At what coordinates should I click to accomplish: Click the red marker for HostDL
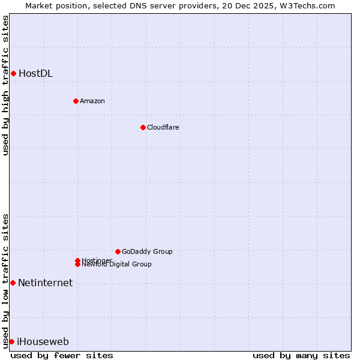coord(13,73)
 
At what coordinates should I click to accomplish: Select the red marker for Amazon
coord(76,101)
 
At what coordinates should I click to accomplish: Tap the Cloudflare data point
coord(143,127)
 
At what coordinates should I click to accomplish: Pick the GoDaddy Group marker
coord(118,251)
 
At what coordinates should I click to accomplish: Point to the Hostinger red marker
coord(77,260)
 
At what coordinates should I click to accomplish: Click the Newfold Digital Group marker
coord(78,265)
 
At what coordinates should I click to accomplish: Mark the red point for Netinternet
coord(13,283)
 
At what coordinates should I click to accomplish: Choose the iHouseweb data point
coord(11,341)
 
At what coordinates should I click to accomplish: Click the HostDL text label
coord(35,74)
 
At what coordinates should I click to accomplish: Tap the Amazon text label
coord(92,101)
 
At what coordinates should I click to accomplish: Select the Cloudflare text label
coord(163,127)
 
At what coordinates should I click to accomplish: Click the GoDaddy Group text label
coord(147,251)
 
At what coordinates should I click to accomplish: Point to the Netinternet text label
coord(45,283)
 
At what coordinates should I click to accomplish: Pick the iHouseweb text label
coord(43,342)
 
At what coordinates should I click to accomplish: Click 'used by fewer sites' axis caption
coord(62,356)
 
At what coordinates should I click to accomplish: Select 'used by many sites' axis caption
coord(301,356)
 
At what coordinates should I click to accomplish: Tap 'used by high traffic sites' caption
coord(5,85)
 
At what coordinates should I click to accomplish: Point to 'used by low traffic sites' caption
coord(5,281)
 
